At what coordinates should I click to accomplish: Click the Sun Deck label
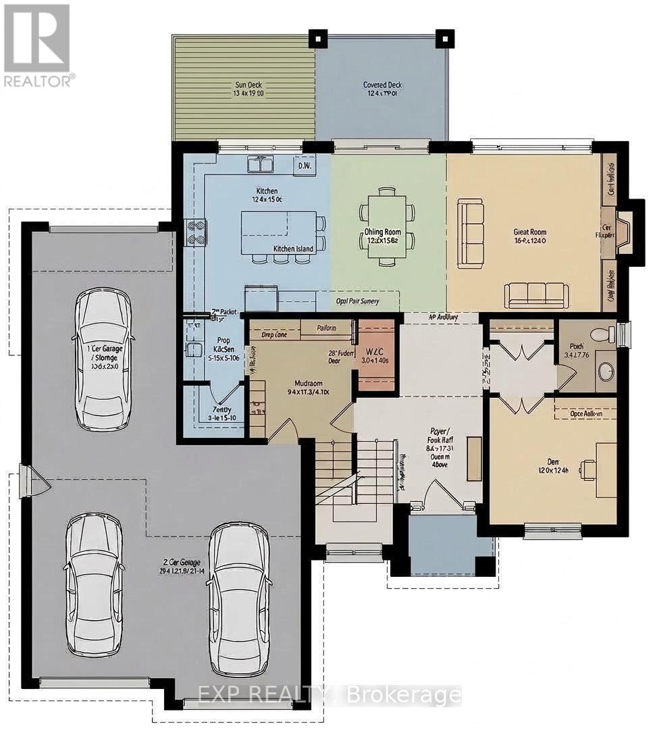coord(248,89)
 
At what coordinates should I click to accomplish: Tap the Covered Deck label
coord(382,89)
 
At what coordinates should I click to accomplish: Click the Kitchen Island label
coord(293,249)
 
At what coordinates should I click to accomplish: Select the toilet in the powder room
coord(602,334)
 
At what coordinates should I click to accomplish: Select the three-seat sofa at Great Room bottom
coord(536,295)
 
